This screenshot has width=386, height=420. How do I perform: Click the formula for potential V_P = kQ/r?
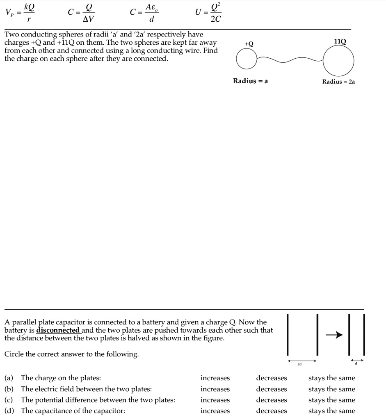[20, 13]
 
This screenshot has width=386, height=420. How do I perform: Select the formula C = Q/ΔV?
[82, 13]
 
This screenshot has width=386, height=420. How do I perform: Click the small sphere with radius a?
[247, 61]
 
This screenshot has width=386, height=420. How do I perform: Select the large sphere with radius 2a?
[338, 60]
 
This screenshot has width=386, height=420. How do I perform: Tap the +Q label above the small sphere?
[249, 44]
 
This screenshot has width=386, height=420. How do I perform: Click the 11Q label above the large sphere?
[340, 41]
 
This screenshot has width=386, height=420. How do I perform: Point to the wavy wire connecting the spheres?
[290, 60]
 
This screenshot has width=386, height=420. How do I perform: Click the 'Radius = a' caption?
[250, 81]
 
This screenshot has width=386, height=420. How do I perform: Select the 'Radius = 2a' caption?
[338, 82]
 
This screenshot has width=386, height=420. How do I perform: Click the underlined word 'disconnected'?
[58, 330]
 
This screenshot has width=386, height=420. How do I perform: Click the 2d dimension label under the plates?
[300, 363]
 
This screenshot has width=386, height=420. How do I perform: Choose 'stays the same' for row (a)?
[331, 378]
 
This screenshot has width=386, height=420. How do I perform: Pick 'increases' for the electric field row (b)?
[215, 389]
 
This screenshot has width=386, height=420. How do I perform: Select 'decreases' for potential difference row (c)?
[271, 400]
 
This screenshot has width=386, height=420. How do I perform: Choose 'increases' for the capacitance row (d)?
[215, 411]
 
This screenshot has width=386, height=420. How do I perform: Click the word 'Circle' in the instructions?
[14, 354]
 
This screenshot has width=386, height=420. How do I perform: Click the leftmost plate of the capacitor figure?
[288, 335]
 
